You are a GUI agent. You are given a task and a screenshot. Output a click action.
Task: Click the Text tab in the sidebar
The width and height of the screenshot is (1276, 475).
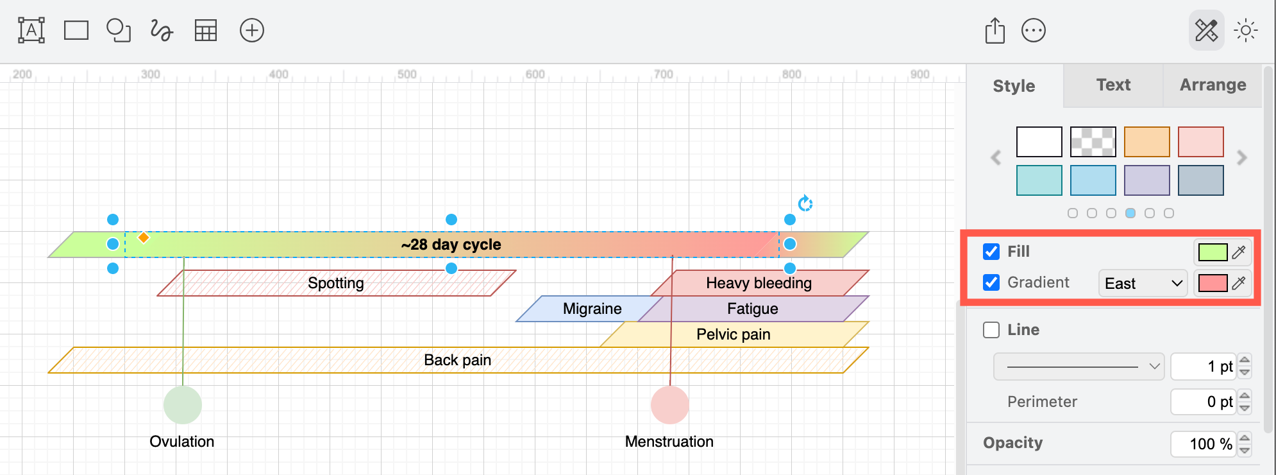[1113, 85]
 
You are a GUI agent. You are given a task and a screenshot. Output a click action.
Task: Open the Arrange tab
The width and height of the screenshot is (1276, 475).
[1213, 85]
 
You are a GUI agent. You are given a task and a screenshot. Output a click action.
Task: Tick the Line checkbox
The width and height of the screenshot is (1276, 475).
[991, 330]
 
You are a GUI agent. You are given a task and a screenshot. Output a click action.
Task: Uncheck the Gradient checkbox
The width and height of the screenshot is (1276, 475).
[991, 282]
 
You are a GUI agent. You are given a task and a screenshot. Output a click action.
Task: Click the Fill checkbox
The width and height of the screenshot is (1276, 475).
[991, 252]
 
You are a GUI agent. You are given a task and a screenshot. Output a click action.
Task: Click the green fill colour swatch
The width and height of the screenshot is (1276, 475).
[1213, 252]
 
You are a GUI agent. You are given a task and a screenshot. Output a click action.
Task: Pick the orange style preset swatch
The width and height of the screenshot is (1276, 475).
[1146, 142]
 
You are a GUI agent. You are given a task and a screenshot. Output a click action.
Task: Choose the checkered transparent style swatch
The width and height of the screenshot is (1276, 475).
[1093, 142]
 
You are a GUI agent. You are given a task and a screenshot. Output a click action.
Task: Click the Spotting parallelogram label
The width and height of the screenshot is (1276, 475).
[335, 283]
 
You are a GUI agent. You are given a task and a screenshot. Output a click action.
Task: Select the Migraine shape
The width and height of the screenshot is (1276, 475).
[591, 309]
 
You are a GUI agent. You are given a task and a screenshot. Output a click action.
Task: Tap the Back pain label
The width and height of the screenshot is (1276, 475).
[457, 360]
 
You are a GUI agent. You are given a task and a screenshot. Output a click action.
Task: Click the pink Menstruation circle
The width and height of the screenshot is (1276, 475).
[669, 405]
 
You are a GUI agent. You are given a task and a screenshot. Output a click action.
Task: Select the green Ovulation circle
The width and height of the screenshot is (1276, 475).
[183, 405]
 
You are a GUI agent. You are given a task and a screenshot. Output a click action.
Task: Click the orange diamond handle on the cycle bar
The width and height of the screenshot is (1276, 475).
[144, 238]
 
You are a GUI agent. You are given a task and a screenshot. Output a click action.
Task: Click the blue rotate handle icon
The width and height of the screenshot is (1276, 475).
[805, 203]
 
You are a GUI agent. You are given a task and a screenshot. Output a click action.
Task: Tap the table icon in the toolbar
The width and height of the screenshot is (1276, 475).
[206, 30]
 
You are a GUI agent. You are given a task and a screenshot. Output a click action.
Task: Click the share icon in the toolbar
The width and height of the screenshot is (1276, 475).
[995, 30]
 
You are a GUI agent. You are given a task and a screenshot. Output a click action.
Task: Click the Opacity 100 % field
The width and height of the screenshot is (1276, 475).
[1203, 444]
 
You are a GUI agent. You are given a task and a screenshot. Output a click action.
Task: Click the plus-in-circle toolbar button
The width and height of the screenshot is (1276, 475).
[251, 30]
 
